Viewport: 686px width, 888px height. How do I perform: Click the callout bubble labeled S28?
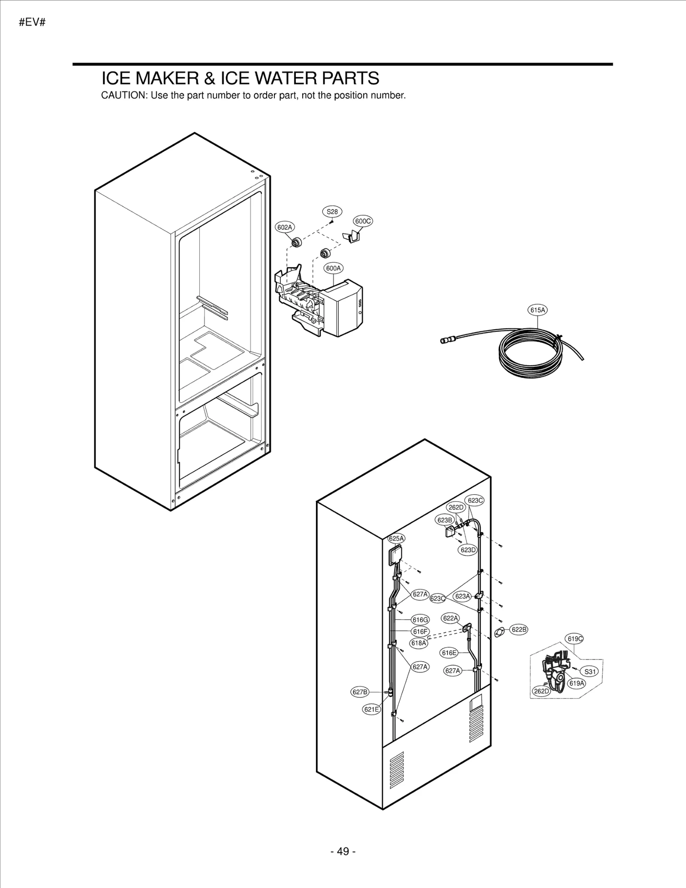332,211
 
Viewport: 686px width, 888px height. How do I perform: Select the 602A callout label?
284,227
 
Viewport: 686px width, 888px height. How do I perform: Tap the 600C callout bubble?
363,221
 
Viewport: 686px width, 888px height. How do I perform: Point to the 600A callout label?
333,268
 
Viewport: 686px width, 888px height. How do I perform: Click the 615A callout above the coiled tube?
537,310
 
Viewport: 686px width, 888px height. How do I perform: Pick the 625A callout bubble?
396,539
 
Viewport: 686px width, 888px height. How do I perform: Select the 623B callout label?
444,520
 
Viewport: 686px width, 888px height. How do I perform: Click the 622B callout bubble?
518,629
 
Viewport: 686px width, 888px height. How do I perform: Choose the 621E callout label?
371,710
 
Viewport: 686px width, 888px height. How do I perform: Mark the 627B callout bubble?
359,692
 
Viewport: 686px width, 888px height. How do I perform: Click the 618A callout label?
419,643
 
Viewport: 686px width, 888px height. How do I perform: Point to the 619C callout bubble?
575,639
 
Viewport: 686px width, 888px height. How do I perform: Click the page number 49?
343,851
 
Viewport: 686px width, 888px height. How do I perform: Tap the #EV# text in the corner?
32,23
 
